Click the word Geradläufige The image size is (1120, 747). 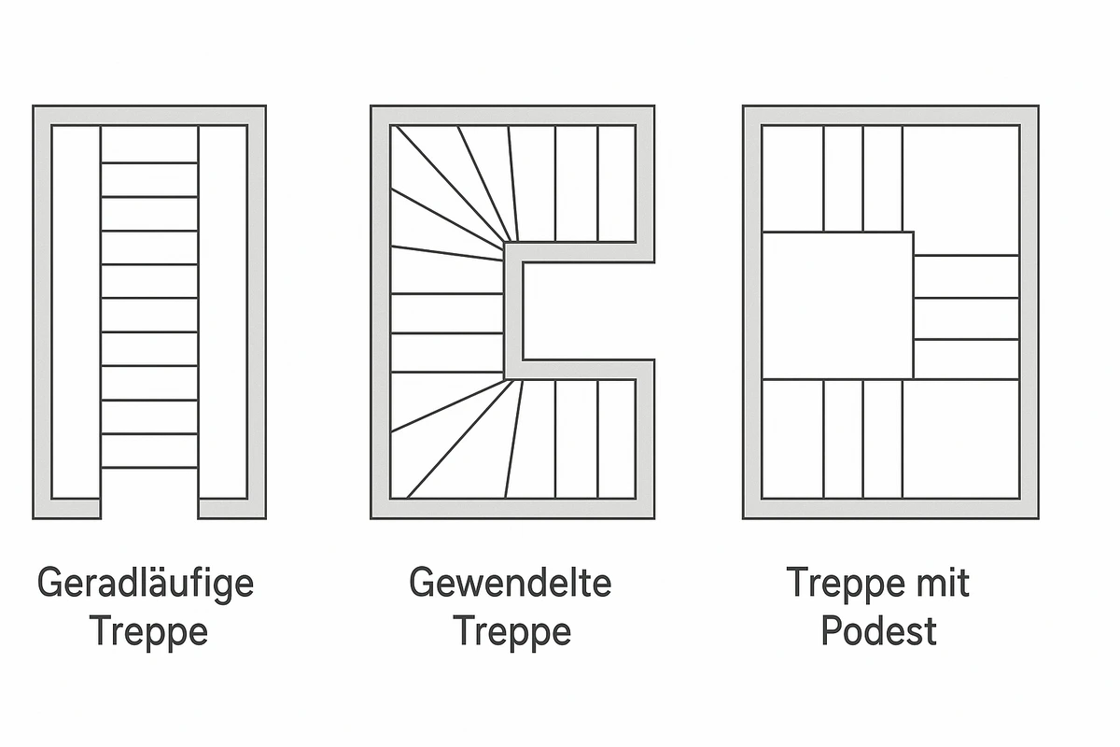[x=146, y=584]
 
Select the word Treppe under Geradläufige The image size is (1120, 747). [x=148, y=632]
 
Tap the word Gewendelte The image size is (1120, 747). [x=511, y=582]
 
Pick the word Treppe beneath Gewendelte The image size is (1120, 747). [x=512, y=632]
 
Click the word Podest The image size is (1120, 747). [x=879, y=630]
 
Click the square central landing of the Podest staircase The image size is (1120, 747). [x=838, y=305]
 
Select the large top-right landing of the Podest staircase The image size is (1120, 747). [x=960, y=190]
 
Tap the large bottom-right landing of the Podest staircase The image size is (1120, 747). [x=960, y=439]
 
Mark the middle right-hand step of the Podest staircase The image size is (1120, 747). [x=967, y=318]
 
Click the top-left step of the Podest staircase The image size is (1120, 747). [x=793, y=178]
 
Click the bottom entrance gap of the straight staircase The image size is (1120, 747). [x=149, y=508]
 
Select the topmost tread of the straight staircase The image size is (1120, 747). [x=149, y=144]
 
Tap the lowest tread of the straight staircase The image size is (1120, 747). [x=149, y=451]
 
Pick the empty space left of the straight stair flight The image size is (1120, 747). [x=76, y=312]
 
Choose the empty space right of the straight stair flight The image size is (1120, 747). [x=223, y=312]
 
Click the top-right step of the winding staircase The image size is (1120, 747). [x=617, y=184]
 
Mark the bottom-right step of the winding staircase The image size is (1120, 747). [x=617, y=439]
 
